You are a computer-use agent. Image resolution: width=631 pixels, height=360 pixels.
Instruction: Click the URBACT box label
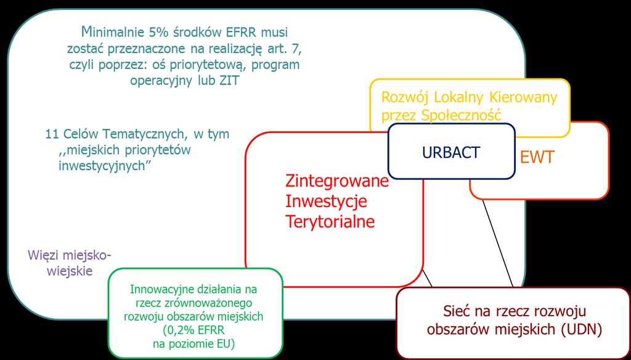point(450,152)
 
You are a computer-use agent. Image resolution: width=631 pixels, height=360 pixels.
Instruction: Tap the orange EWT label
point(537,157)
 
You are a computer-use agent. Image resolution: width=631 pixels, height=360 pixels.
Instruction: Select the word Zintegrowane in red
point(337,182)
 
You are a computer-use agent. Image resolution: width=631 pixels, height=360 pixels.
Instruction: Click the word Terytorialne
point(330,221)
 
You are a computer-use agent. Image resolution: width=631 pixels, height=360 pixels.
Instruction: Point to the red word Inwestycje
point(326,202)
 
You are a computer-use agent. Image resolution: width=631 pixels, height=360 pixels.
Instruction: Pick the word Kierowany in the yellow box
point(523,97)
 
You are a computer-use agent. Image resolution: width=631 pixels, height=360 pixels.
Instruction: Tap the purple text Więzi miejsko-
point(70,255)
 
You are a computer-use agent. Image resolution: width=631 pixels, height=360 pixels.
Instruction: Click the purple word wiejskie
point(70,271)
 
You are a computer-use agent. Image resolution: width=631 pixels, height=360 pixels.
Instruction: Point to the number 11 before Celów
point(52,134)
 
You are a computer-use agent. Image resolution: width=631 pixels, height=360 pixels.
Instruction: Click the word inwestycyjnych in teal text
point(102,166)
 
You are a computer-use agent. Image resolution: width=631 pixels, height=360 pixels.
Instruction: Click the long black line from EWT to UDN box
point(498,243)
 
